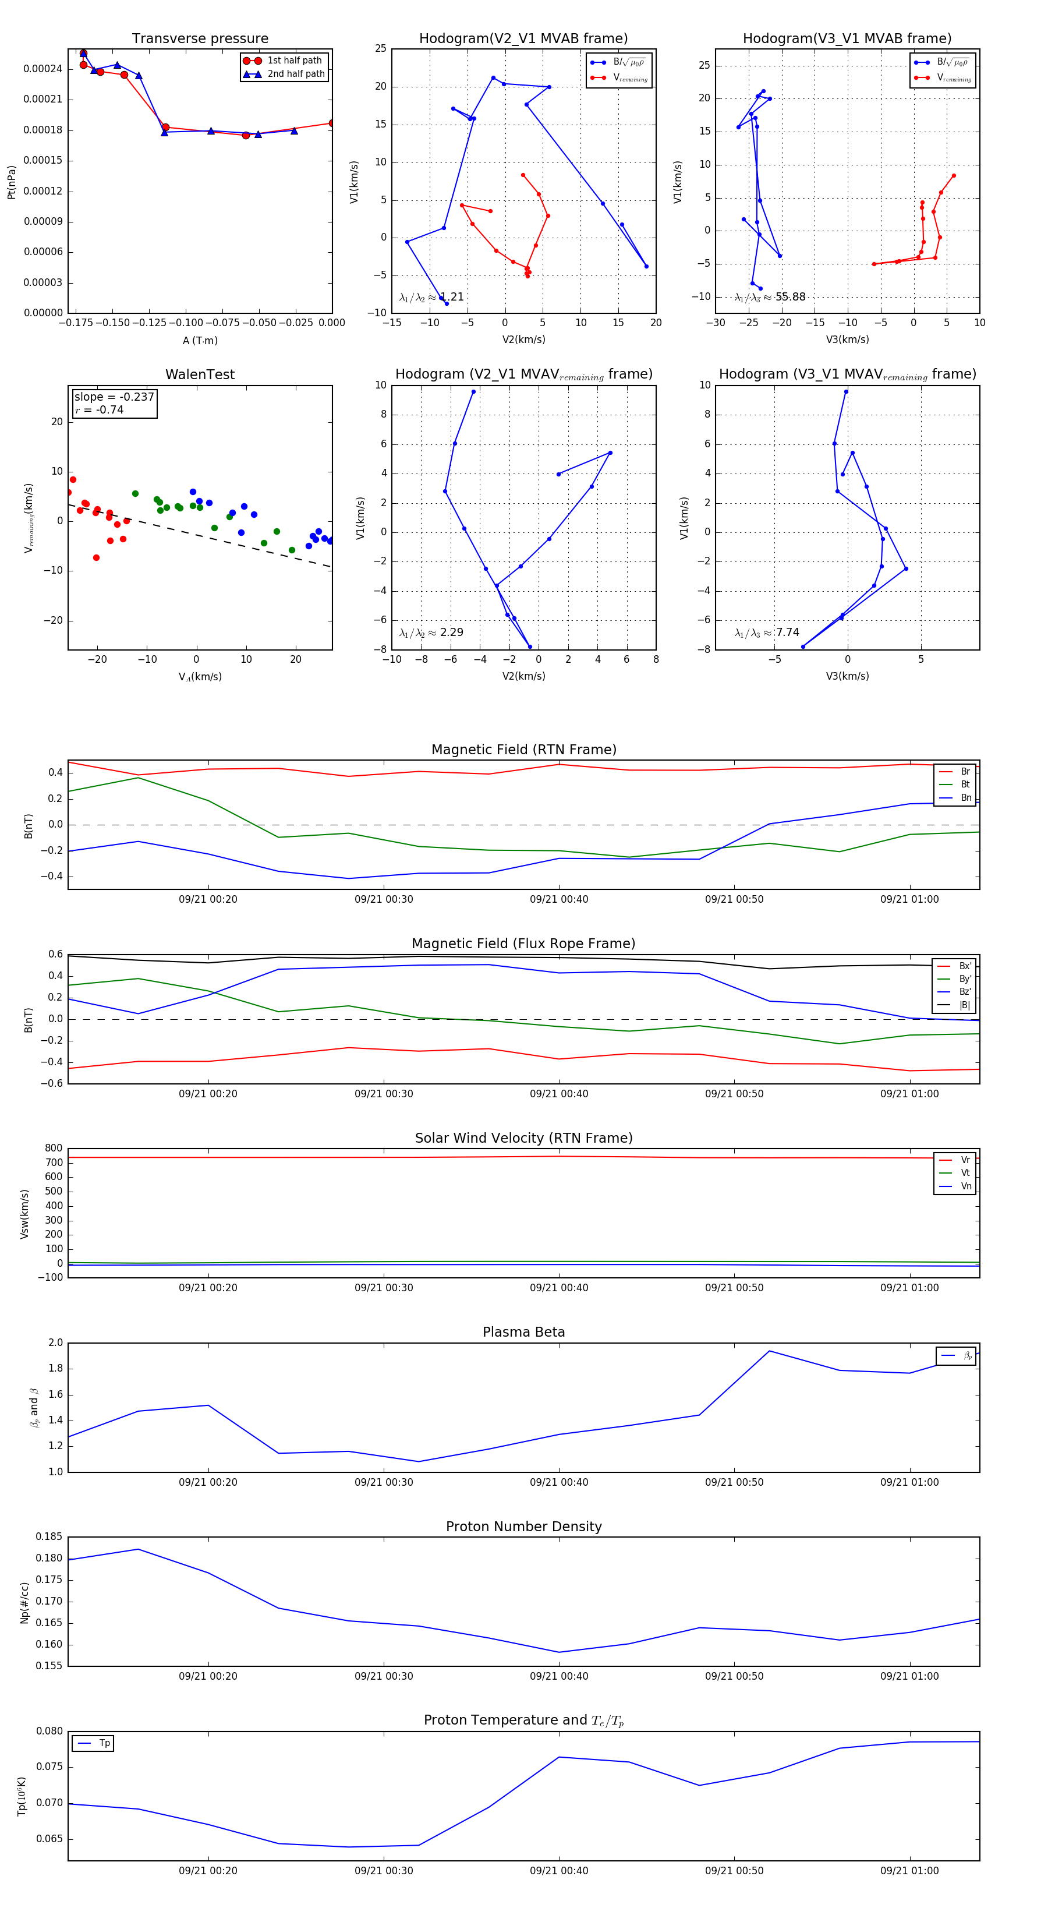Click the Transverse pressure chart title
[200, 39]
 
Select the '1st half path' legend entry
[294, 61]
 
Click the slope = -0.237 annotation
[114, 397]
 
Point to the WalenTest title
[200, 374]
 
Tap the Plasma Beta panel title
[523, 1332]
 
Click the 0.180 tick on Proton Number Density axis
[49, 1558]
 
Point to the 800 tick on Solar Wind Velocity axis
[54, 1149]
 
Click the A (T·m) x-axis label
[200, 341]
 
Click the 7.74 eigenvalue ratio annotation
[787, 633]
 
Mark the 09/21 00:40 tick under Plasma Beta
[559, 1482]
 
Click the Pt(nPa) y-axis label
[11, 182]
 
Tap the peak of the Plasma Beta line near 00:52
[769, 1351]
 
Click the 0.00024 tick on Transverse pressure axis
[43, 69]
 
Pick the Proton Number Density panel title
[523, 1526]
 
